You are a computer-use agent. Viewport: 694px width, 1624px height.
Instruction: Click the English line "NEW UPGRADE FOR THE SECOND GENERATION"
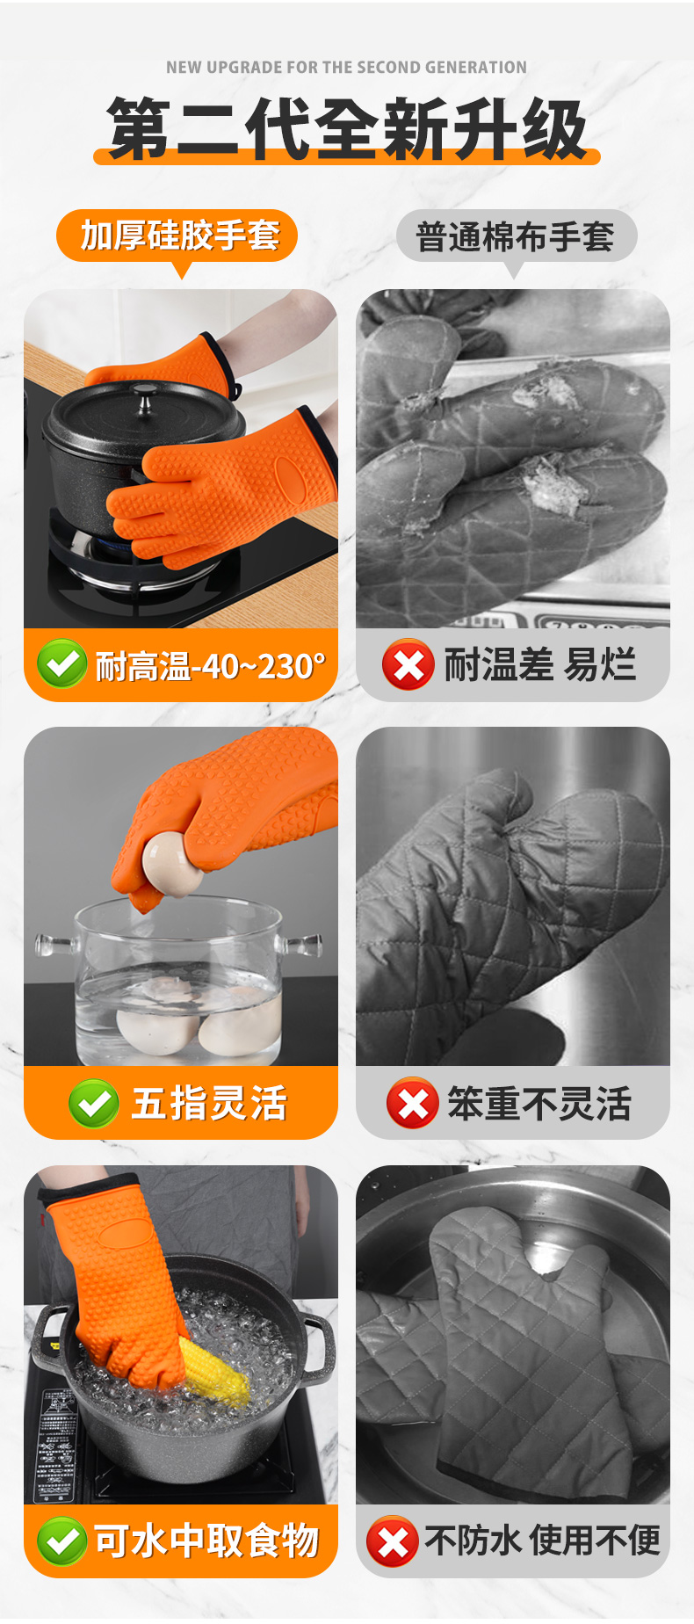tap(346, 68)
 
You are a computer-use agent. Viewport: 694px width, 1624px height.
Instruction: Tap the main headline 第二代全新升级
tap(347, 129)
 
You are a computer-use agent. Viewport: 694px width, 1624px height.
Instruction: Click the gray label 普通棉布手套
tap(516, 236)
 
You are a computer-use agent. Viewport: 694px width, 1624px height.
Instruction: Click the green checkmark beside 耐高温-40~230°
tap(61, 663)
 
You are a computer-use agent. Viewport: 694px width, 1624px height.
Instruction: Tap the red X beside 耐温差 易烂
tap(408, 664)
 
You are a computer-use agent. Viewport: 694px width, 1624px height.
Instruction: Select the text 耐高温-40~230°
tap(210, 666)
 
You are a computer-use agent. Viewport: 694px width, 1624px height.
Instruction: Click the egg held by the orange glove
tap(173, 864)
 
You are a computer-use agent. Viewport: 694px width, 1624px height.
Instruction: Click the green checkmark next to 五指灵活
tap(94, 1103)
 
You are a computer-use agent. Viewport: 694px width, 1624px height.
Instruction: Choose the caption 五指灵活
tap(209, 1104)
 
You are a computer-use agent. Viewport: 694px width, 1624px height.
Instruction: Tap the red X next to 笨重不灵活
tap(412, 1103)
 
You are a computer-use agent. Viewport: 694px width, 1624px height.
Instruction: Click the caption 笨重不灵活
tap(539, 1104)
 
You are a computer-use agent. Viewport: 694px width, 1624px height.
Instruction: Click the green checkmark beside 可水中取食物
tap(61, 1541)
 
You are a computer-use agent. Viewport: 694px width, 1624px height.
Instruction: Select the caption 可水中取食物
tap(206, 1541)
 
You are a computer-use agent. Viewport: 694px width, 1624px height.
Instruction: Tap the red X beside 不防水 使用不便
tap(392, 1541)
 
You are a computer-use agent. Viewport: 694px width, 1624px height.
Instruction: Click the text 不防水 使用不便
tap(542, 1541)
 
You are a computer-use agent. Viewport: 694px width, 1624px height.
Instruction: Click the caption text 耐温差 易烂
tap(539, 664)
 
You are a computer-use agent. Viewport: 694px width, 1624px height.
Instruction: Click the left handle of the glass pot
tap(54, 946)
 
